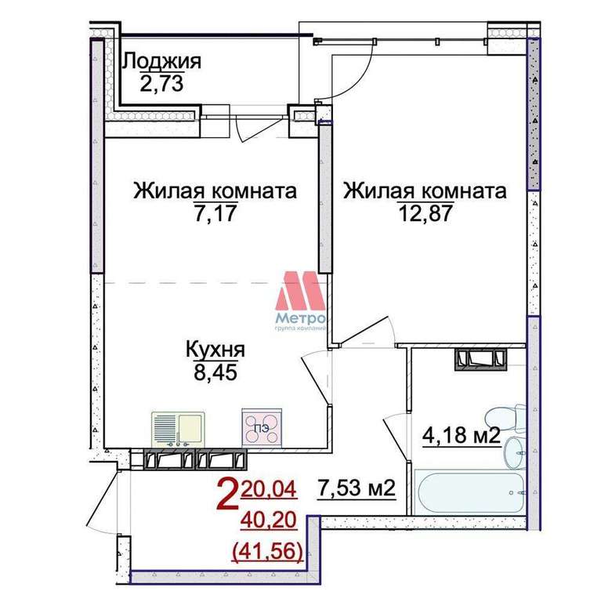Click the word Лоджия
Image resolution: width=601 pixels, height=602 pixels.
point(161,62)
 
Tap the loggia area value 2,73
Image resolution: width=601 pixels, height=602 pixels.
point(161,84)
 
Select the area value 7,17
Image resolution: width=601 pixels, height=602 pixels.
point(215,213)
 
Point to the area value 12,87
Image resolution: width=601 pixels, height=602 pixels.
point(425,213)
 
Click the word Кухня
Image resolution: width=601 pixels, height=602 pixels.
point(215,350)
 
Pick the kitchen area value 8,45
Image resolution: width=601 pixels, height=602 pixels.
point(215,372)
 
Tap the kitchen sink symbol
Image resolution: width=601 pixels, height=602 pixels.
point(178,430)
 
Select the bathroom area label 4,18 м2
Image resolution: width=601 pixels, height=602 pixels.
point(462,435)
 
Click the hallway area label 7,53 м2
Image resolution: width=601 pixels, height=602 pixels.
point(357,488)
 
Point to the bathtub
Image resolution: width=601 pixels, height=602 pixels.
point(470,492)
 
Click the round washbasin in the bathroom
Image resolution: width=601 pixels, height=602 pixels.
point(513,453)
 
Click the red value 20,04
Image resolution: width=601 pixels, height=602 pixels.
point(269,489)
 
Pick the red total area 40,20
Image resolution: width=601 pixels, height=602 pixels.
point(269,520)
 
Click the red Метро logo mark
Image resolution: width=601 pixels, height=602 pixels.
point(301,291)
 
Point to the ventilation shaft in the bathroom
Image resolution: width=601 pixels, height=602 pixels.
point(480,359)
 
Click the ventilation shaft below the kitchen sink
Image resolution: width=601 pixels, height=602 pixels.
point(195,459)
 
